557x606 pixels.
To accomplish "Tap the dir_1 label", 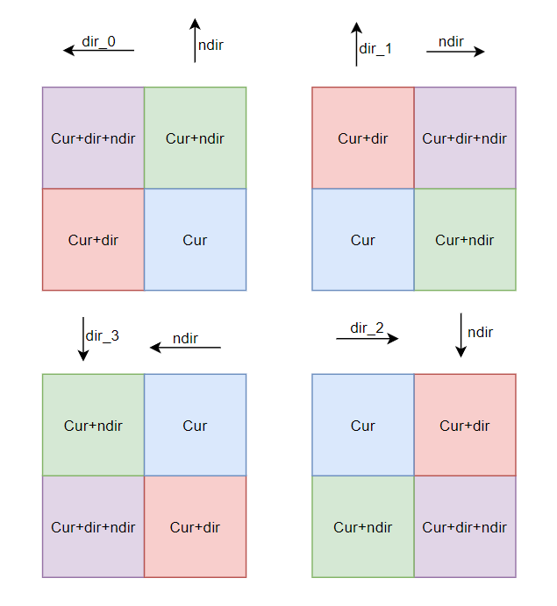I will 375,49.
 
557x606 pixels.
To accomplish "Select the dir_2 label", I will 367,328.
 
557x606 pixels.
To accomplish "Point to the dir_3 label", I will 102,335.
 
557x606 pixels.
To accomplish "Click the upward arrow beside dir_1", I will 356,44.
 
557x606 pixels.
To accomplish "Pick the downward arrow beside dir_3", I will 83,339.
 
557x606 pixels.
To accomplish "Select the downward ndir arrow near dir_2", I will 461,335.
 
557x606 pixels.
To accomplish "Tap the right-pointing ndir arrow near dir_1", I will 455,52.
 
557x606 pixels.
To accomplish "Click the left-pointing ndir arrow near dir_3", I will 185,348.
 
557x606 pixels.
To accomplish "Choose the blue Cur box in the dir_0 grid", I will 195,240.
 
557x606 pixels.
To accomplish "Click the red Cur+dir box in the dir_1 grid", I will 363,138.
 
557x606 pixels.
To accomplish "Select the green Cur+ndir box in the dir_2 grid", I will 363,527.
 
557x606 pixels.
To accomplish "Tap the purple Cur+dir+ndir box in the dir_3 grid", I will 93,527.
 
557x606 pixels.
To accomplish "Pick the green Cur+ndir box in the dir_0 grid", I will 195,138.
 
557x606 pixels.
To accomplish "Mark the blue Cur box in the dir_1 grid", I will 363,240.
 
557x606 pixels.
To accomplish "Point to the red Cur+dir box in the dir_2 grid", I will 465,426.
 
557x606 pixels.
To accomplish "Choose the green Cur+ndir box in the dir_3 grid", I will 93,426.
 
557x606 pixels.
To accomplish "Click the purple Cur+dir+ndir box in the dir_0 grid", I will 93,138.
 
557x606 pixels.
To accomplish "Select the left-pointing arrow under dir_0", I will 98,51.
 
